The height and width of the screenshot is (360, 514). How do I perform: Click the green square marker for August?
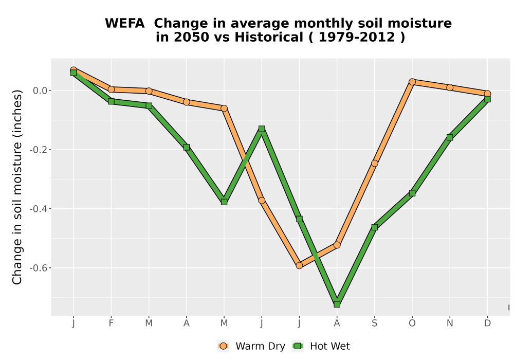point(337,304)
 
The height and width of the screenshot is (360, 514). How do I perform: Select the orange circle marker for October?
point(412,82)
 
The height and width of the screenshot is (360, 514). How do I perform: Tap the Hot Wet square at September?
point(374,227)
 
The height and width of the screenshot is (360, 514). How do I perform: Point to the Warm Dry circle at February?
point(111,89)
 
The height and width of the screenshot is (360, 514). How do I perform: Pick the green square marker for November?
point(450,137)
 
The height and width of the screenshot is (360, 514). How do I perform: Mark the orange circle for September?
point(374,163)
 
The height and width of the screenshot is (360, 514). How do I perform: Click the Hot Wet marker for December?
point(487,99)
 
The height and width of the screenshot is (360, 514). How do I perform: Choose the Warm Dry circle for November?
point(450,87)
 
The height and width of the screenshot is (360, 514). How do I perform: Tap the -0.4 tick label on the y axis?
point(39,209)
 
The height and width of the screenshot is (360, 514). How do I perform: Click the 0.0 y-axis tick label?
point(40,91)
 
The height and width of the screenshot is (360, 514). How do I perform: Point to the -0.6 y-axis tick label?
point(39,268)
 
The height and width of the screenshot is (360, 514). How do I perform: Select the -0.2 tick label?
point(39,150)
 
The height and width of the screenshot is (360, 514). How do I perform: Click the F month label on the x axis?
point(111,323)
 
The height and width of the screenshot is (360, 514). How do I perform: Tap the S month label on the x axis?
point(374,323)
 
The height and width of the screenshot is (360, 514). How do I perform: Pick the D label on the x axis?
point(487,323)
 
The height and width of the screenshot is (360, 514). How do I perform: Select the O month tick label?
point(412,323)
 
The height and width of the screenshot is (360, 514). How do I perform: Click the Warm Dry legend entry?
point(251,346)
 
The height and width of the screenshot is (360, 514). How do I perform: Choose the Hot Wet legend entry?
point(321,346)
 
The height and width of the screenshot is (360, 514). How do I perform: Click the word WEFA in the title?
point(124,24)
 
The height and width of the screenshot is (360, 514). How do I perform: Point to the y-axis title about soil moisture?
point(17,187)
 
